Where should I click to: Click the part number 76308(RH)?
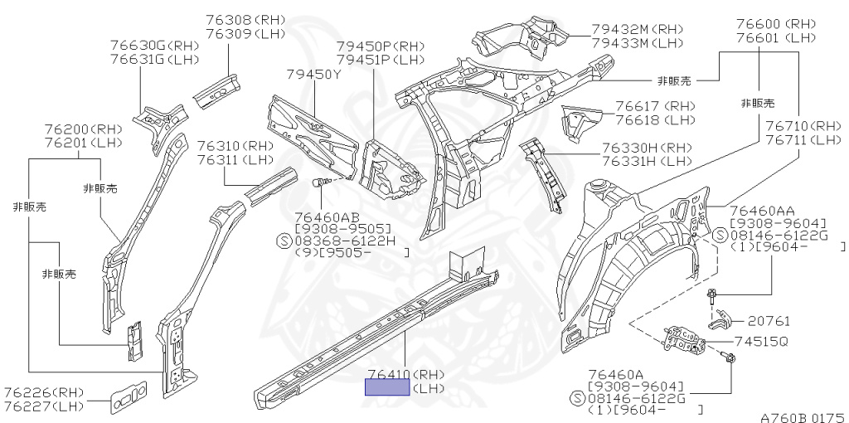(245, 19)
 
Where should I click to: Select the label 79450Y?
(313, 75)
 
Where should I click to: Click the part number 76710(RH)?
(803, 126)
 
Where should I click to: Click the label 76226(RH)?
(43, 392)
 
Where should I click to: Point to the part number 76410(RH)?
(406, 374)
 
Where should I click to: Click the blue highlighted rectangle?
(388, 387)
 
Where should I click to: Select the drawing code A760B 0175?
(802, 417)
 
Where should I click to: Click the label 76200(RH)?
(81, 130)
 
